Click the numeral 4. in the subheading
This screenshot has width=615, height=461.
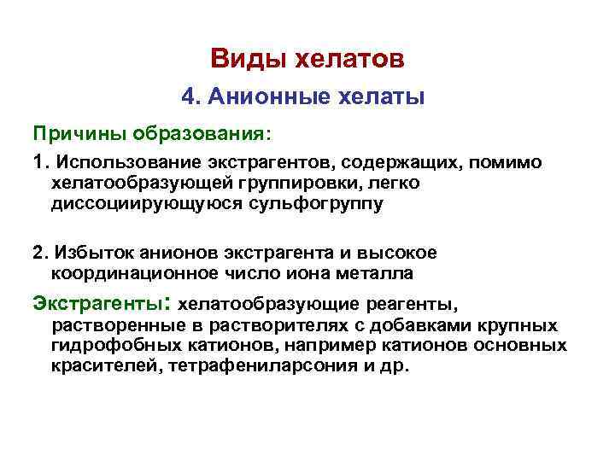(x=190, y=97)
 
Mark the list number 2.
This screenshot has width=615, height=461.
(x=38, y=253)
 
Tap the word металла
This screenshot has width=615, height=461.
(x=380, y=274)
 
